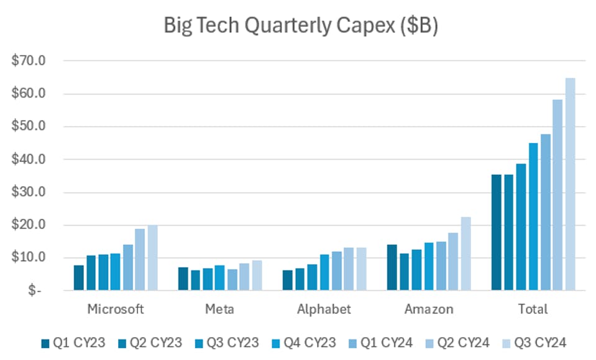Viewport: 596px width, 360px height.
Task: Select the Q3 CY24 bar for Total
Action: pyautogui.click(x=570, y=184)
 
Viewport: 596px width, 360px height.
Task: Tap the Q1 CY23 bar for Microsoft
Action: pyautogui.click(x=78, y=278)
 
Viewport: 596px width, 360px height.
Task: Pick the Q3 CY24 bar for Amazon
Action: pyautogui.click(x=465, y=254)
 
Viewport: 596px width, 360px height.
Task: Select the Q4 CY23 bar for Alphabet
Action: pyautogui.click(x=324, y=272)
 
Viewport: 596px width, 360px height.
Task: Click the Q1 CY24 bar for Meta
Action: pyautogui.click(x=232, y=279)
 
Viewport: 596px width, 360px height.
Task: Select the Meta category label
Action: pyautogui.click(x=220, y=309)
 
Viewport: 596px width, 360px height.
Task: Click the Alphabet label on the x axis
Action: pyautogui.click(x=324, y=309)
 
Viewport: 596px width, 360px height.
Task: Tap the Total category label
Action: pyautogui.click(x=533, y=309)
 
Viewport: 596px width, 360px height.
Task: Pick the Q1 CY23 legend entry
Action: pyautogui.click(x=69, y=343)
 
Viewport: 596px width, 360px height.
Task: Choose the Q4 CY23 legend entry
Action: pyautogui.click(x=305, y=343)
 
